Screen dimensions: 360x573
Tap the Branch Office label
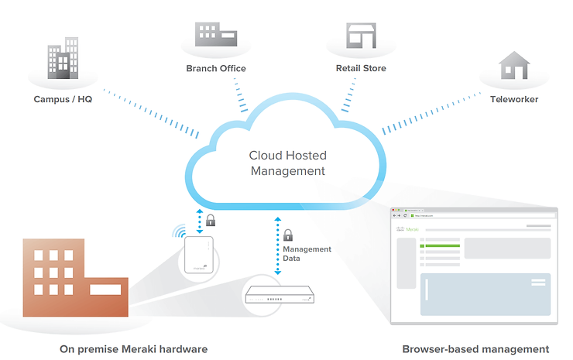(216, 69)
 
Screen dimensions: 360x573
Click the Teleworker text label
(514, 100)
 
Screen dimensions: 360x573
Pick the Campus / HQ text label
(63, 100)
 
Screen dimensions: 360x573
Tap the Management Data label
(307, 254)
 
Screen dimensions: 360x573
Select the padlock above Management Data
(288, 234)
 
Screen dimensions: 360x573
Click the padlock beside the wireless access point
(210, 221)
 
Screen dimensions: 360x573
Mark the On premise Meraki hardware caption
(134, 349)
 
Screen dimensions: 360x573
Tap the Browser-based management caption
(475, 349)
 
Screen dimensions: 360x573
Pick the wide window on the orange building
(105, 290)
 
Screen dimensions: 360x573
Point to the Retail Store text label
(361, 69)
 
